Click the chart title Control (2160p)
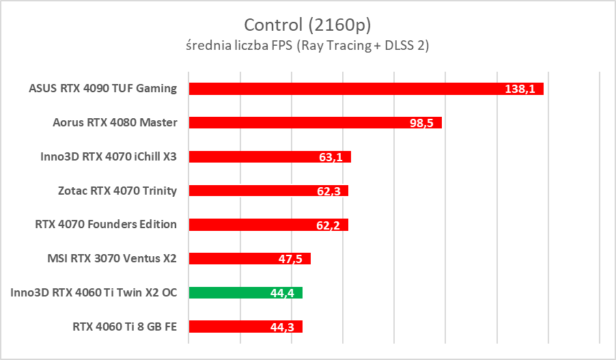[307, 25]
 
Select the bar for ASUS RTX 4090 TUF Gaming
[341, 89]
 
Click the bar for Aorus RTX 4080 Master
[300, 123]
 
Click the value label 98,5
[422, 124]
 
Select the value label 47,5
[292, 259]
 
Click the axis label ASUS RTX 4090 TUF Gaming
[102, 88]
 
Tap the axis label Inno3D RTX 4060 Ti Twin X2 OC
[94, 292]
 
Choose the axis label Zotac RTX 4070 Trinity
[117, 191]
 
